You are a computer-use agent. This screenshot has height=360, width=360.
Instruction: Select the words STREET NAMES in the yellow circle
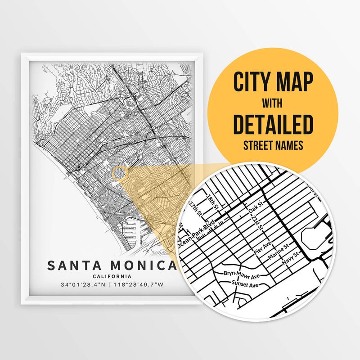[273, 146]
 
